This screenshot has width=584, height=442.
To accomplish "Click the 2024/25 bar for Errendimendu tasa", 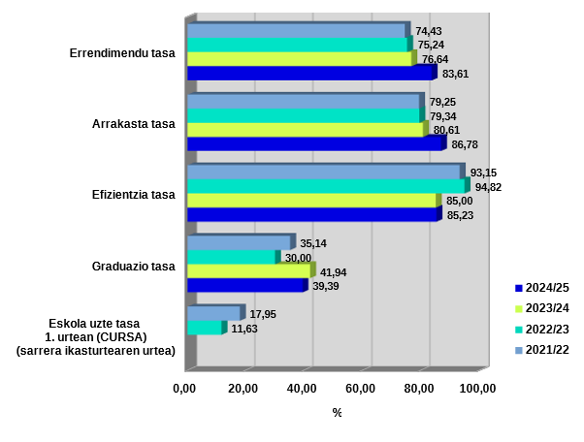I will pyautogui.click(x=310, y=73).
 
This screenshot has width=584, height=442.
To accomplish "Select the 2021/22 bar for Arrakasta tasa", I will pyautogui.click(x=303, y=102).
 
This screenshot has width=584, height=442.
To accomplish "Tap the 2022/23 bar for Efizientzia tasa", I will pyautogui.click(x=326, y=186).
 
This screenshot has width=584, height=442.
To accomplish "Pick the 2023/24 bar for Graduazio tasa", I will pyautogui.click(x=248, y=271).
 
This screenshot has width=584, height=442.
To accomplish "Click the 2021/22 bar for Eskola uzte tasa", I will pyautogui.click(x=213, y=313).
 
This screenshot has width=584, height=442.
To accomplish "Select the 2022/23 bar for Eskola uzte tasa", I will pyautogui.click(x=205, y=328).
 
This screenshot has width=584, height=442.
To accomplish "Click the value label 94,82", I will pyautogui.click(x=488, y=187).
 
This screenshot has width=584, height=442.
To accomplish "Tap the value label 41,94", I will pyautogui.click(x=334, y=272).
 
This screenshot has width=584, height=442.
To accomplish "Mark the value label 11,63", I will pyautogui.click(x=244, y=329).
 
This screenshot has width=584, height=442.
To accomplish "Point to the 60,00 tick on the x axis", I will pyautogui.click(x=361, y=389).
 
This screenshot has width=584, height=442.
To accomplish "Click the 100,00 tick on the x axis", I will pyautogui.click(x=477, y=389).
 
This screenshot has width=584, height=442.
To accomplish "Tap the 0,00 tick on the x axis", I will pyautogui.click(x=184, y=389).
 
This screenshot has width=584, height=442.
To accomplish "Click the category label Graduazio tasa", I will pyautogui.click(x=133, y=266).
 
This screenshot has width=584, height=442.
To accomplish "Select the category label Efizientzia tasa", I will pyautogui.click(x=133, y=194).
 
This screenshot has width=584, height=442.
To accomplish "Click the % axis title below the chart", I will pyautogui.click(x=337, y=413).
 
